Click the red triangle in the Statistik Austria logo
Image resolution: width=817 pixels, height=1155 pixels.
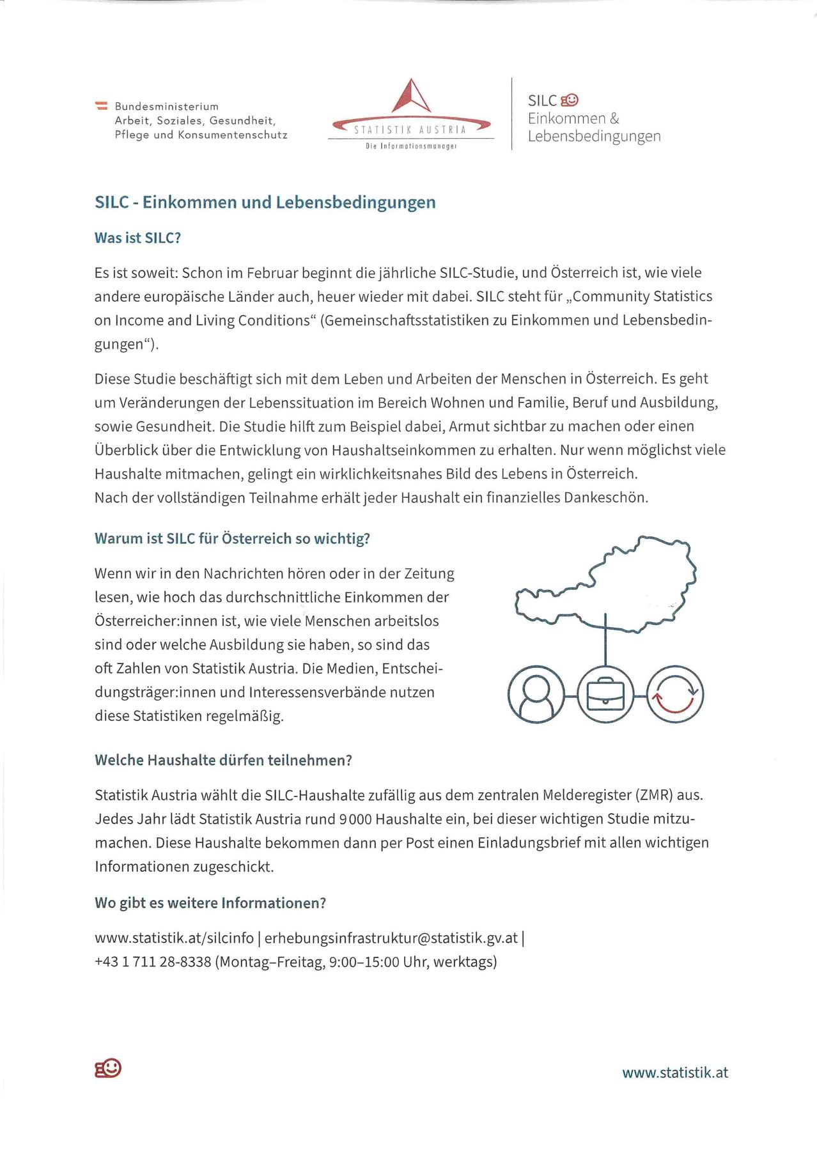[x=411, y=97]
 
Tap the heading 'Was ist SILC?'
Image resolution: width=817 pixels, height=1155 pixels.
[x=137, y=238]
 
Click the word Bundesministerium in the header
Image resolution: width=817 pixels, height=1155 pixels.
[x=166, y=106]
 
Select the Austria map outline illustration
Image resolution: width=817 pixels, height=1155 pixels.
[x=605, y=585]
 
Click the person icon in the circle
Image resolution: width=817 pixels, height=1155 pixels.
[x=536, y=695]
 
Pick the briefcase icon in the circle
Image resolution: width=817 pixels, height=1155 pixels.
[x=605, y=695]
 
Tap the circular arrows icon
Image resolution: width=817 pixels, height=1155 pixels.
[x=675, y=695]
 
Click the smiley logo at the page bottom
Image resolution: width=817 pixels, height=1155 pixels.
[x=108, y=1068]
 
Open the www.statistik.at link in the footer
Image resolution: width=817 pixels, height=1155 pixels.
[x=675, y=1073]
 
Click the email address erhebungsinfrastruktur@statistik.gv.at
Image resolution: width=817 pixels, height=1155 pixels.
[x=391, y=938]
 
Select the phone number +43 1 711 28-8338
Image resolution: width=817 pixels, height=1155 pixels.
[x=153, y=962]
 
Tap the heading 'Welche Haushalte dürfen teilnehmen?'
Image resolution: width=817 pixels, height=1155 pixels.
[x=223, y=760]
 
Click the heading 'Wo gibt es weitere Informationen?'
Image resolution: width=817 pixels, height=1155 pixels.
[x=210, y=903]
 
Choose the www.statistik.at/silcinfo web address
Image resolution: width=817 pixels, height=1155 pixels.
[x=174, y=938]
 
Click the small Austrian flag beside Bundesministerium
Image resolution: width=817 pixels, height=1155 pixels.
[x=101, y=105]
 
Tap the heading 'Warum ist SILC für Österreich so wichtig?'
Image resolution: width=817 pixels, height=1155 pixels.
[x=232, y=538]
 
